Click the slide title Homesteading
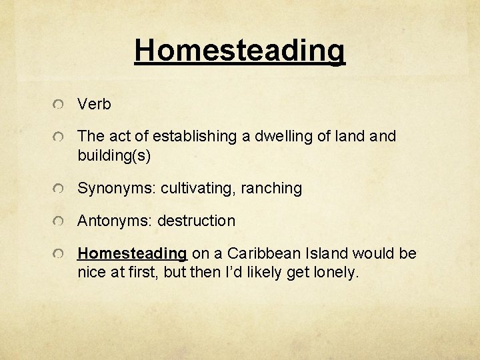click(240, 50)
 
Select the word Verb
click(94, 105)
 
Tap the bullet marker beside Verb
click(60, 105)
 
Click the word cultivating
click(201, 189)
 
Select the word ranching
click(274, 189)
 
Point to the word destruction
click(196, 221)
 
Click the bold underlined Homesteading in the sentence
click(132, 254)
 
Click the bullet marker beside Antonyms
click(60, 221)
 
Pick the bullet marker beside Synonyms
click(60, 189)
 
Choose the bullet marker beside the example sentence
click(60, 255)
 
